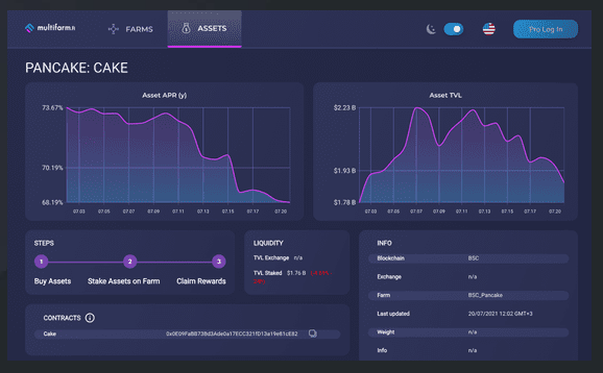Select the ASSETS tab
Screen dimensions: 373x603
coord(204,28)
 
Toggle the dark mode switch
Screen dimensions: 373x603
coord(453,29)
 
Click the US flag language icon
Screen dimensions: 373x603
coord(489,29)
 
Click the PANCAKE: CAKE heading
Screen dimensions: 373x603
coord(77,67)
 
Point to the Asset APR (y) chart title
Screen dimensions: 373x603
coord(163,95)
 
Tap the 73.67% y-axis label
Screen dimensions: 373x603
coord(52,108)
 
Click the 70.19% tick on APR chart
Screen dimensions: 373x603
coord(52,168)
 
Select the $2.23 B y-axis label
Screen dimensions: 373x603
coord(345,108)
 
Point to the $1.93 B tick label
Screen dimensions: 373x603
coord(345,171)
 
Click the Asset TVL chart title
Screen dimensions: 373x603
coord(446,95)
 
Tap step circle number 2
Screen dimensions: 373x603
coord(130,262)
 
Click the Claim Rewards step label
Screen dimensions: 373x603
coord(201,281)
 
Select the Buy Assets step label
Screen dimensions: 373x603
coord(52,281)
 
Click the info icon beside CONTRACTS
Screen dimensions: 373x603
coord(90,318)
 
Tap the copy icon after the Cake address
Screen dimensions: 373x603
coord(312,333)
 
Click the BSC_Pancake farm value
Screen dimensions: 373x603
coord(485,295)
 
